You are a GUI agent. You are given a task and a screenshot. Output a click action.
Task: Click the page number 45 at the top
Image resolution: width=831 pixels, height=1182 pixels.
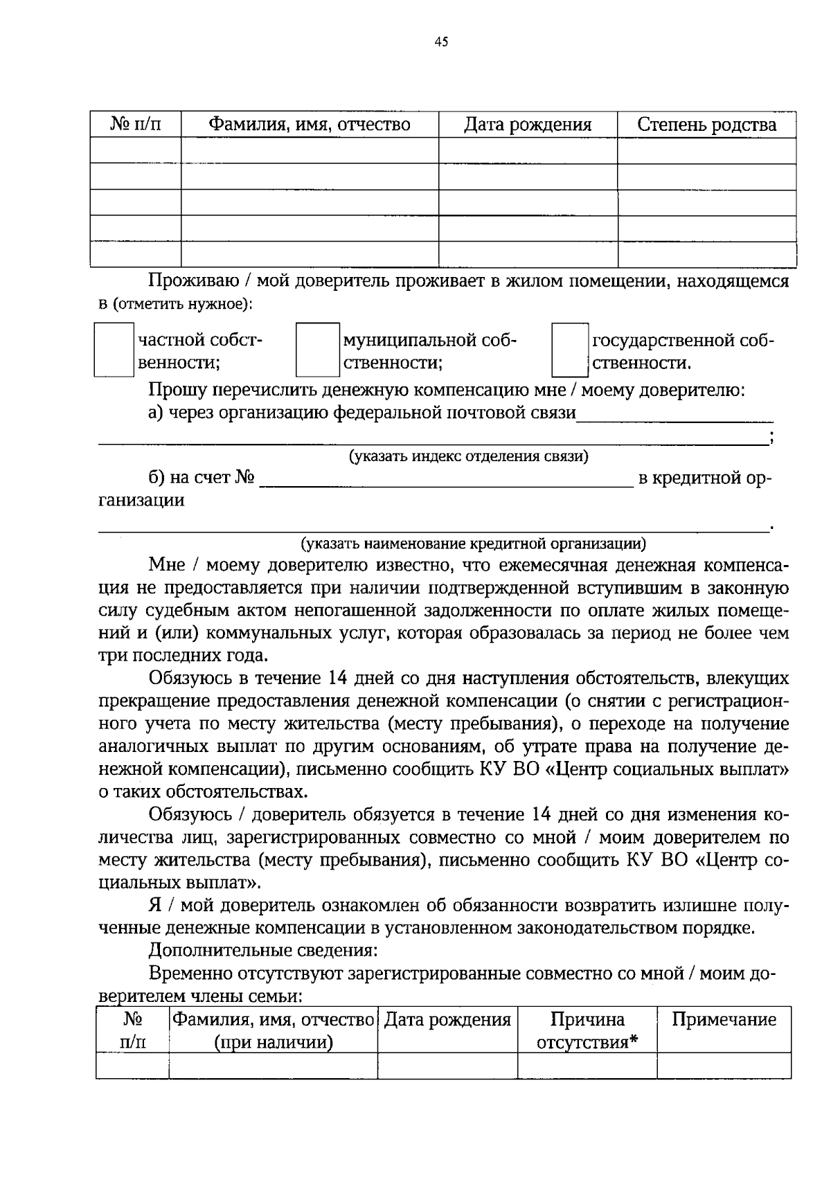click(x=442, y=42)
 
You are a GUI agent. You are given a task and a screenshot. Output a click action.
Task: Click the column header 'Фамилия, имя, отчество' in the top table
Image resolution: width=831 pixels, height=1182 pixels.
click(x=310, y=125)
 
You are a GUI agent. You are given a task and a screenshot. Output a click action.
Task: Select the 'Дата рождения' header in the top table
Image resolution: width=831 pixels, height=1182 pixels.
click(x=528, y=125)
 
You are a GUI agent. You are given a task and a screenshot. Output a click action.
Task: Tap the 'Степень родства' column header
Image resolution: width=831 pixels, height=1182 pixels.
click(x=706, y=125)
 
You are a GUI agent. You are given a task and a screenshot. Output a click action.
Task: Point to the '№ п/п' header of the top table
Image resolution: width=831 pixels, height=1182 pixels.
click(x=135, y=125)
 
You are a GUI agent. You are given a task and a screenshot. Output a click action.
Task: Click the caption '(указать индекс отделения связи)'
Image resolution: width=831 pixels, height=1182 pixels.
click(x=468, y=456)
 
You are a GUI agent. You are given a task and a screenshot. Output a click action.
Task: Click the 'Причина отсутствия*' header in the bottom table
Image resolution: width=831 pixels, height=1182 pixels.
click(x=587, y=1030)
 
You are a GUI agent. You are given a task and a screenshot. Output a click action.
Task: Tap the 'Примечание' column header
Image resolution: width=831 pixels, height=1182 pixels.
click(x=724, y=1020)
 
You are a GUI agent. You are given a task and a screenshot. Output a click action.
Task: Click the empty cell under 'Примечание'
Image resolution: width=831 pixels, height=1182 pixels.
click(x=724, y=1066)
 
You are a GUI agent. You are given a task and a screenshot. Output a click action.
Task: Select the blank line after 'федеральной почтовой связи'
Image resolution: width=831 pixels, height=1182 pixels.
click(x=675, y=415)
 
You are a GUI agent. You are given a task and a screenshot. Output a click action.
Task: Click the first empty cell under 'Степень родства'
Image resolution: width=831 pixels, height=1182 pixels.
click(x=706, y=150)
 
